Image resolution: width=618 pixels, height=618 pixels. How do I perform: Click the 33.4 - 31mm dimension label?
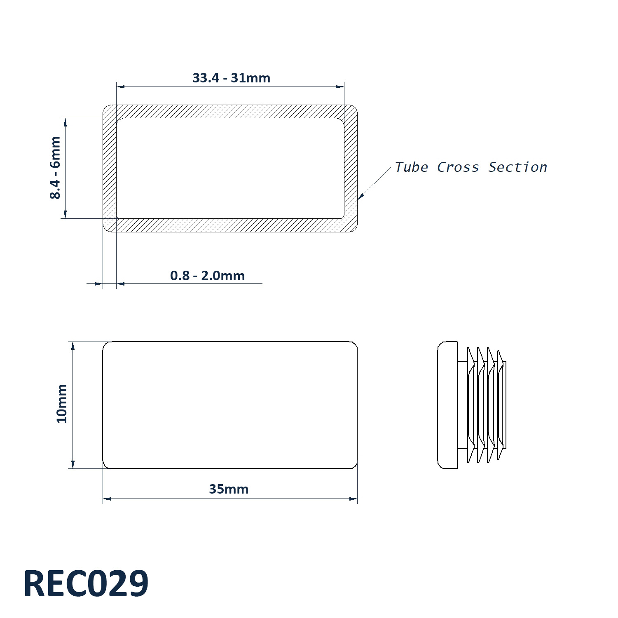point(231,78)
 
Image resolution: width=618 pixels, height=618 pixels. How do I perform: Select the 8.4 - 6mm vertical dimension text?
point(55,168)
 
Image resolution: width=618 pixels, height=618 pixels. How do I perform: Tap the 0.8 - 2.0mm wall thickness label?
point(207,275)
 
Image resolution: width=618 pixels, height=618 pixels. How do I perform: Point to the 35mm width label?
point(229,489)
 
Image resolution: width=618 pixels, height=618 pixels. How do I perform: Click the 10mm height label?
point(62,403)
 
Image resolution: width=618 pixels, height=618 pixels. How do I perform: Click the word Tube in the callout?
point(411,167)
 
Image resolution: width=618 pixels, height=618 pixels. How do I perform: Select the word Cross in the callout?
point(458,167)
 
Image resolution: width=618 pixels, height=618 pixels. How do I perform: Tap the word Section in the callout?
point(518,167)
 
